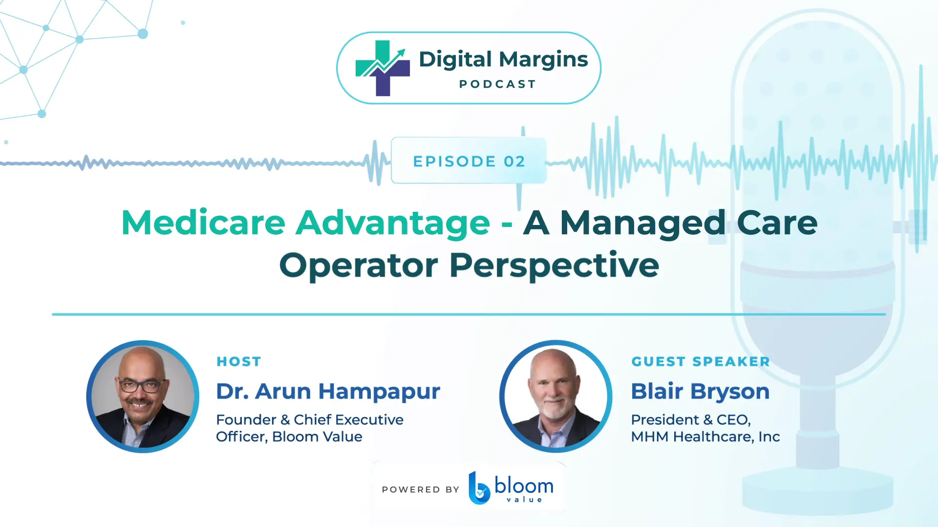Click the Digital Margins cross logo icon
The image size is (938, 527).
pyautogui.click(x=383, y=68)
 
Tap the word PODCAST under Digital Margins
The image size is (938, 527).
pyautogui.click(x=498, y=84)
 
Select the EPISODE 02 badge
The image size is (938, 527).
pyautogui.click(x=469, y=161)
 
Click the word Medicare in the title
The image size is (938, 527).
pyautogui.click(x=203, y=223)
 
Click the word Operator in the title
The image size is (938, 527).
pyautogui.click(x=359, y=266)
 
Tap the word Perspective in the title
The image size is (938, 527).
pyautogui.click(x=554, y=266)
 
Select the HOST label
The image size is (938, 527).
pyautogui.click(x=239, y=362)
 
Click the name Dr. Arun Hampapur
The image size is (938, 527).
pyautogui.click(x=328, y=392)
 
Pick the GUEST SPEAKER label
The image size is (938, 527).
pyautogui.click(x=701, y=362)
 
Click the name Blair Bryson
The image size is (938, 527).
pyautogui.click(x=700, y=392)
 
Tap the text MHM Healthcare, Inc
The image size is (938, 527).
pyautogui.click(x=705, y=436)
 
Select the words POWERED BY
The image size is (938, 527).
pyautogui.click(x=421, y=489)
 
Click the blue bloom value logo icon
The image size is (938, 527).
pyautogui.click(x=479, y=488)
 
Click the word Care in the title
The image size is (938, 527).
pyautogui.click(x=777, y=223)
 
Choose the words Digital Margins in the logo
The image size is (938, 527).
pyautogui.click(x=503, y=60)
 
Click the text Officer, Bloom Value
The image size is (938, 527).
pyautogui.click(x=289, y=436)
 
